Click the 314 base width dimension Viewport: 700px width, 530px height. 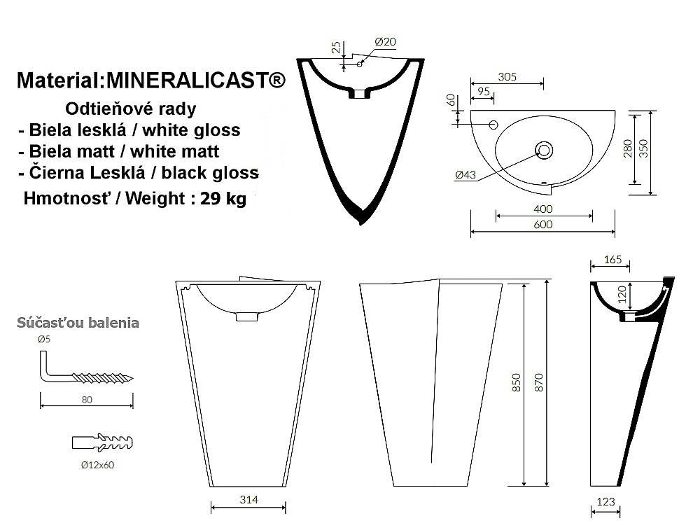pos(248,500)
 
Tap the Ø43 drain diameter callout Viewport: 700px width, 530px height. pos(465,174)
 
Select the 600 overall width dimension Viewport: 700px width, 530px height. pos(543,224)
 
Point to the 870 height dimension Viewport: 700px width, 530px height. pos(538,382)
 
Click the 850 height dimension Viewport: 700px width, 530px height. pos(516,382)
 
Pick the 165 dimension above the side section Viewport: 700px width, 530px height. pos(612,260)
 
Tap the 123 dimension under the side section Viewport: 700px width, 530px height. pos(605,501)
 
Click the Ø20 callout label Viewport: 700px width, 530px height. pos(385,41)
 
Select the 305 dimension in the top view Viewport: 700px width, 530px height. pos(507,76)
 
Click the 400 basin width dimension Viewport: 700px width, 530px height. pos(543,209)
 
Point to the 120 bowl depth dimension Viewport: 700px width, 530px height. pos(622,295)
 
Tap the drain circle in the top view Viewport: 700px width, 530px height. pos(544,150)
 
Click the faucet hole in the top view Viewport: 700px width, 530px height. pos(493,125)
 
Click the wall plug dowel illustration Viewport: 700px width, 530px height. pos(102,442)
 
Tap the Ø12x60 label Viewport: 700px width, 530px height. pos(97,465)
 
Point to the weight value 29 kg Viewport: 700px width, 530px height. pos(223,198)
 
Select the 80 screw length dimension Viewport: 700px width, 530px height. pos(87,400)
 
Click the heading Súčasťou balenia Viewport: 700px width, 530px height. pos(78,323)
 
